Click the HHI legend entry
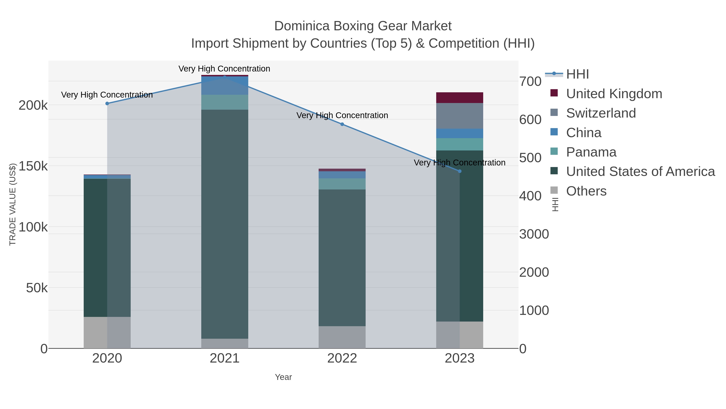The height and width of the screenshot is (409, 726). click(577, 74)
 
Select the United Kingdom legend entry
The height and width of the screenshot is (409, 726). click(614, 94)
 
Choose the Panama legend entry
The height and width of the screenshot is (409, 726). click(591, 152)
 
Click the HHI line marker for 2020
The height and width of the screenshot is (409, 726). click(107, 104)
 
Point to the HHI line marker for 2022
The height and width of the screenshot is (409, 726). click(342, 124)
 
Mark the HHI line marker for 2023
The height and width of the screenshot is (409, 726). click(460, 171)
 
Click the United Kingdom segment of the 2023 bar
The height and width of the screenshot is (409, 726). click(460, 98)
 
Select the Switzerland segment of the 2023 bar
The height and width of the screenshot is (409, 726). click(460, 116)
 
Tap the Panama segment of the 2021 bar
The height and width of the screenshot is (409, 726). click(225, 102)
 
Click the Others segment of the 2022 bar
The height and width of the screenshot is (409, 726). click(342, 337)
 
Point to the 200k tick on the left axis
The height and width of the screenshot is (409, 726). click(33, 105)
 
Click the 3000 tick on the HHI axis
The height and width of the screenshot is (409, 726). click(534, 234)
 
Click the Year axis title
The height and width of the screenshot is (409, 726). click(283, 377)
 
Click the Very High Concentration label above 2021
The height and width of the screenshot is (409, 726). click(224, 69)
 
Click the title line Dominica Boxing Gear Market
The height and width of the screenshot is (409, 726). click(363, 26)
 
